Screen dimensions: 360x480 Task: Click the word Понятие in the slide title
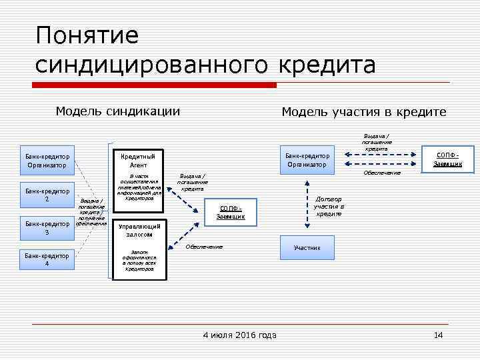point(87,36)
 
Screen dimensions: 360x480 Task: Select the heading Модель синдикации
point(117,111)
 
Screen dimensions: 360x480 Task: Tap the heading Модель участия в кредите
point(363,112)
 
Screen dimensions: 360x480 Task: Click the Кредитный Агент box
point(138,161)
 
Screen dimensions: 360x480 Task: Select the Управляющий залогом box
point(138,231)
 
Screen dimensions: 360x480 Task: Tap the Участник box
point(307,247)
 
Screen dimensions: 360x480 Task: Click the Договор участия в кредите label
point(329,206)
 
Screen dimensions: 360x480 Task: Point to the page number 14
point(438,335)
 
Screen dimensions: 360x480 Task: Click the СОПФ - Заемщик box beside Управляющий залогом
point(231,212)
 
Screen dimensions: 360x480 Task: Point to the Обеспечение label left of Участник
point(204,247)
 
